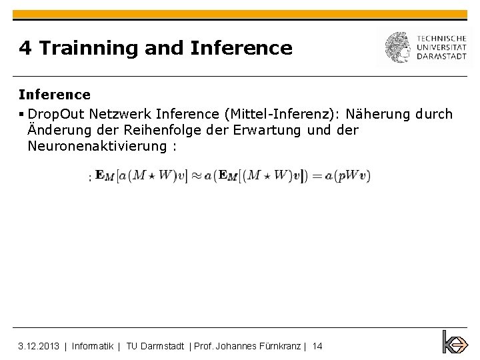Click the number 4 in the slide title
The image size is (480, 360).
25,48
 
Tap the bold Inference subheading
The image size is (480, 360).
54,95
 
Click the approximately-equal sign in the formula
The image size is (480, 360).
198,176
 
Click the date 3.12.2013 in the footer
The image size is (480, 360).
39,345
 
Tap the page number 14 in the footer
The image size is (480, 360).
317,345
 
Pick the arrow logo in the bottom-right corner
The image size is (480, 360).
455,342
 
